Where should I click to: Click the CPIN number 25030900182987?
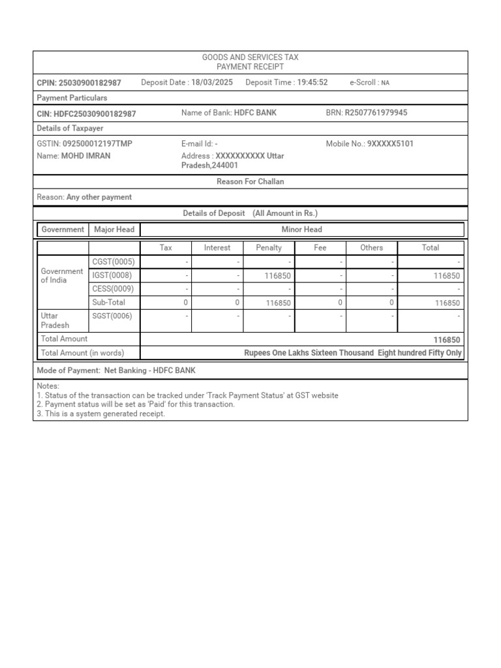[90, 83]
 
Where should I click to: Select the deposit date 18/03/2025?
[212, 82]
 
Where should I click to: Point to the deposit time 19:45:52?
[312, 82]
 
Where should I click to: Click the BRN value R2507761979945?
[376, 113]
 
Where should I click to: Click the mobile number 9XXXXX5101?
[390, 144]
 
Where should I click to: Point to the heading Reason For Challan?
[250, 181]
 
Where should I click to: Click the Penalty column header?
[269, 248]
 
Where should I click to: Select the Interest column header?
[217, 248]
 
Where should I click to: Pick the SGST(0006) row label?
[113, 316]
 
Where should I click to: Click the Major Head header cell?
[114, 230]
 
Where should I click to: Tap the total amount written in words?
[352, 353]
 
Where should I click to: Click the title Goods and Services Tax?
[250, 58]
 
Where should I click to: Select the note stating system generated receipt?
[101, 414]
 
